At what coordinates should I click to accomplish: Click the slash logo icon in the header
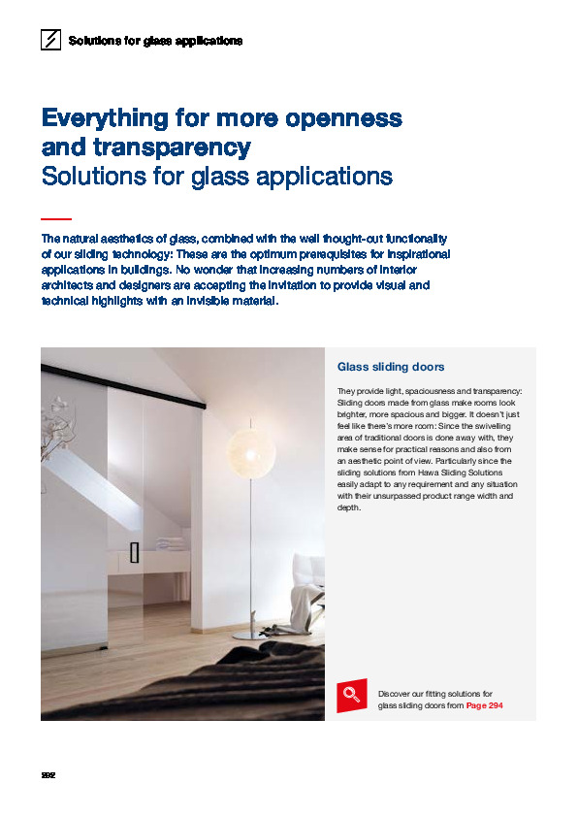[50, 41]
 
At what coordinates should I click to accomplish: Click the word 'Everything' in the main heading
[103, 119]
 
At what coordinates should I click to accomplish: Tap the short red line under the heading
[56, 219]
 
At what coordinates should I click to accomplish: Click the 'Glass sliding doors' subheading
[390, 367]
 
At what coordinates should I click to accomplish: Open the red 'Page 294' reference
[484, 705]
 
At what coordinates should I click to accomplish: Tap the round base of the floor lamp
[248, 635]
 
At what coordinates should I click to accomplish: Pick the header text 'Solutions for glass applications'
[155, 41]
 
